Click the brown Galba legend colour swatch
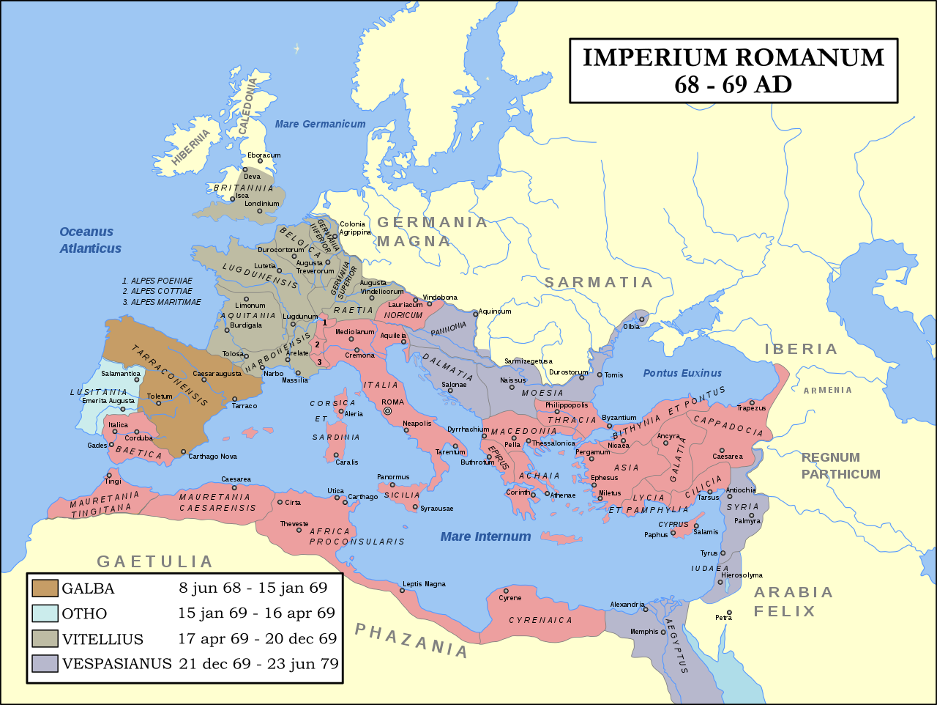[x=45, y=588]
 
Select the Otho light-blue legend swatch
[x=45, y=613]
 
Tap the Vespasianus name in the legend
[x=116, y=664]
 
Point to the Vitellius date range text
[x=257, y=638]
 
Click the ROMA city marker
[x=388, y=412]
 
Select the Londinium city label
[x=261, y=204]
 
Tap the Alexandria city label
[x=627, y=605]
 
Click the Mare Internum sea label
[x=485, y=536]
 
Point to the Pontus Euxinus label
[x=682, y=373]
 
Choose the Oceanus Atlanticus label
[x=90, y=240]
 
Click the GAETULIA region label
[x=155, y=562]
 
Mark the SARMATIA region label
[x=598, y=283]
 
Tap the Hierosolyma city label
[x=742, y=575]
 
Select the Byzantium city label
[x=619, y=418]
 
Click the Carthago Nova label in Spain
[x=212, y=457]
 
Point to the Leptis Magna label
[x=424, y=584]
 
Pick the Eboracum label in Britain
[x=264, y=155]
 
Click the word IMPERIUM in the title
[x=654, y=58]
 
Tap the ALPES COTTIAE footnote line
[x=161, y=291]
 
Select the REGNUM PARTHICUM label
[x=840, y=466]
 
